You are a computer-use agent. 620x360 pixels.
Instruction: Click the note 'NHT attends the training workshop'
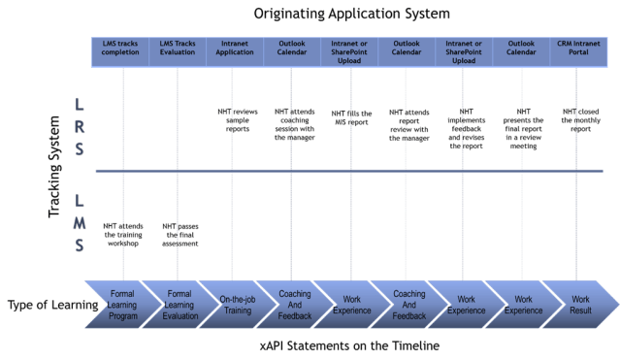pos(122,234)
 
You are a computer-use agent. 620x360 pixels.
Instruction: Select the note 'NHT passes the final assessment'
pos(178,234)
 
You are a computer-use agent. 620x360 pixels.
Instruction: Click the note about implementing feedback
pos(466,124)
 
